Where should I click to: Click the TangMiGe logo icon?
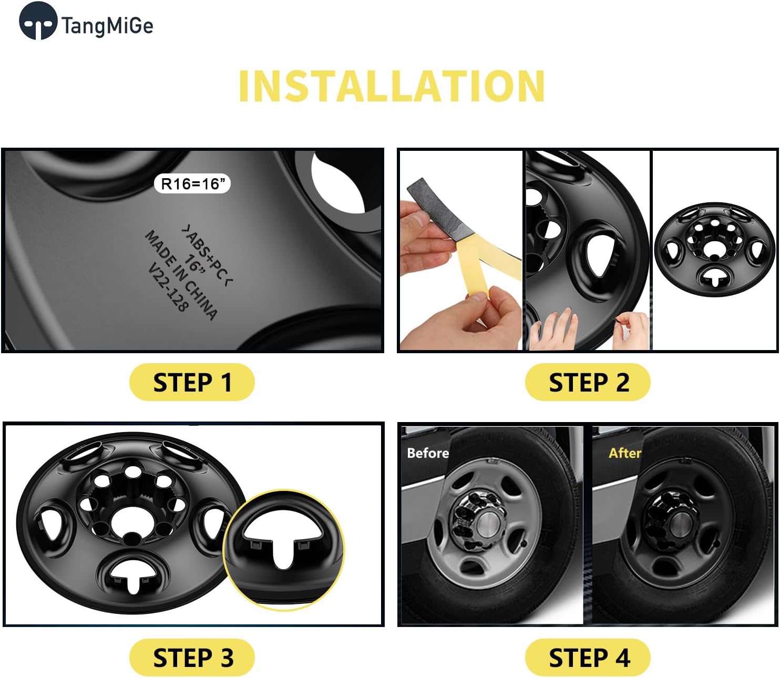click(x=38, y=21)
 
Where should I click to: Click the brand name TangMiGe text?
click(x=107, y=25)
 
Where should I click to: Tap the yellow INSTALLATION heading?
click(x=392, y=86)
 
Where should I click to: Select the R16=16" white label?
click(x=192, y=183)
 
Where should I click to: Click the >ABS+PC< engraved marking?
click(x=208, y=255)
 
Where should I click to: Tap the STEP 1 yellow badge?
click(x=192, y=382)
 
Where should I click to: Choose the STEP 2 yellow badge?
click(x=588, y=382)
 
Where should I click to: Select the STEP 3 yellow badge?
click(x=192, y=658)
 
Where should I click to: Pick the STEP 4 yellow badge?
click(x=588, y=658)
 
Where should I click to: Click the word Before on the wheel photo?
click(x=428, y=453)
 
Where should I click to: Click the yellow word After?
click(x=624, y=453)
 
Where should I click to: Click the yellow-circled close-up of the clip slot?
click(x=284, y=549)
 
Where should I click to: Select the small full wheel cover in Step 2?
click(x=714, y=251)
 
